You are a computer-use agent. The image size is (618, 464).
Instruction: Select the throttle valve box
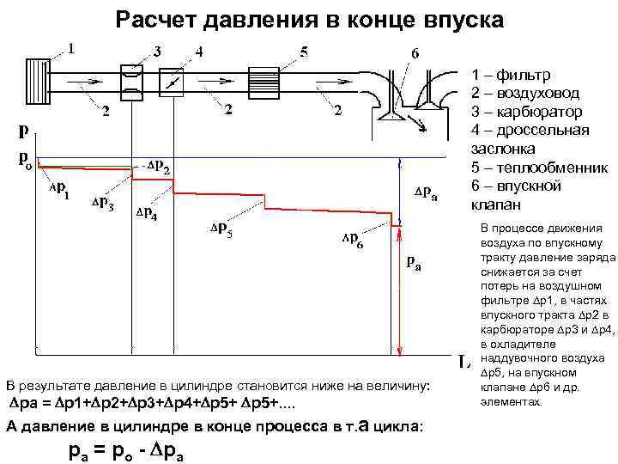pos(174,81)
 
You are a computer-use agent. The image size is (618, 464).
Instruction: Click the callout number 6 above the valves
pos(415,52)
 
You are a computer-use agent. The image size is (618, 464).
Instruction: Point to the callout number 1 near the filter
pos(71,48)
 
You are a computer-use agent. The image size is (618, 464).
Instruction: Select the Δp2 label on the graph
pos(158,165)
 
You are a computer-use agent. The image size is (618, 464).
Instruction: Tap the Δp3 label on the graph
pos(102,204)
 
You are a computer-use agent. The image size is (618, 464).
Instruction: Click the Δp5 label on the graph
pos(221,230)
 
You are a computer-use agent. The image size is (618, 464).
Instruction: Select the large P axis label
pos(27,133)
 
